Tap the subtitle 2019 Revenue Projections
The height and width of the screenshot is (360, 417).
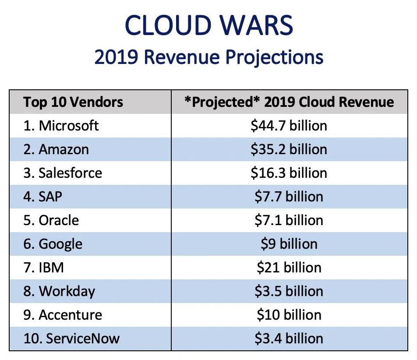[x=209, y=57]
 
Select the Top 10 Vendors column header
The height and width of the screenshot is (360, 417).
[x=73, y=102]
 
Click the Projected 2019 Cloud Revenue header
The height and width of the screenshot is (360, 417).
[x=289, y=102]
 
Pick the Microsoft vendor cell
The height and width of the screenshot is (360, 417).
[x=61, y=126]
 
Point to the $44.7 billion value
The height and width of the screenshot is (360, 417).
[x=289, y=126]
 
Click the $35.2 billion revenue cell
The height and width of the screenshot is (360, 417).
[x=289, y=150]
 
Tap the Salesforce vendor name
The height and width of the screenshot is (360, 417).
[x=63, y=173]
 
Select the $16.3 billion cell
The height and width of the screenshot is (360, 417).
[x=289, y=173]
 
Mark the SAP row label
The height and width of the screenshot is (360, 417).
[x=43, y=197]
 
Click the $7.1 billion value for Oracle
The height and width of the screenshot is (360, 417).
[x=289, y=220]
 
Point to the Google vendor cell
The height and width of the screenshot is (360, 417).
[x=53, y=244]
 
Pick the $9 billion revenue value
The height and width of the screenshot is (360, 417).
[x=289, y=244]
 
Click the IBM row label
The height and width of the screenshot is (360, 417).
[x=43, y=268]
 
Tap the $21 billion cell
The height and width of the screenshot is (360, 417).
[x=289, y=268]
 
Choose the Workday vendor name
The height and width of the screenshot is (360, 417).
[x=59, y=291]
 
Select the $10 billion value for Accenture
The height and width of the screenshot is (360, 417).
[x=289, y=315]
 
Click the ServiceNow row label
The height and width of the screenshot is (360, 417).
[x=71, y=339]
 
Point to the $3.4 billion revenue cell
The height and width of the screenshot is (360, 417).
[x=289, y=339]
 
